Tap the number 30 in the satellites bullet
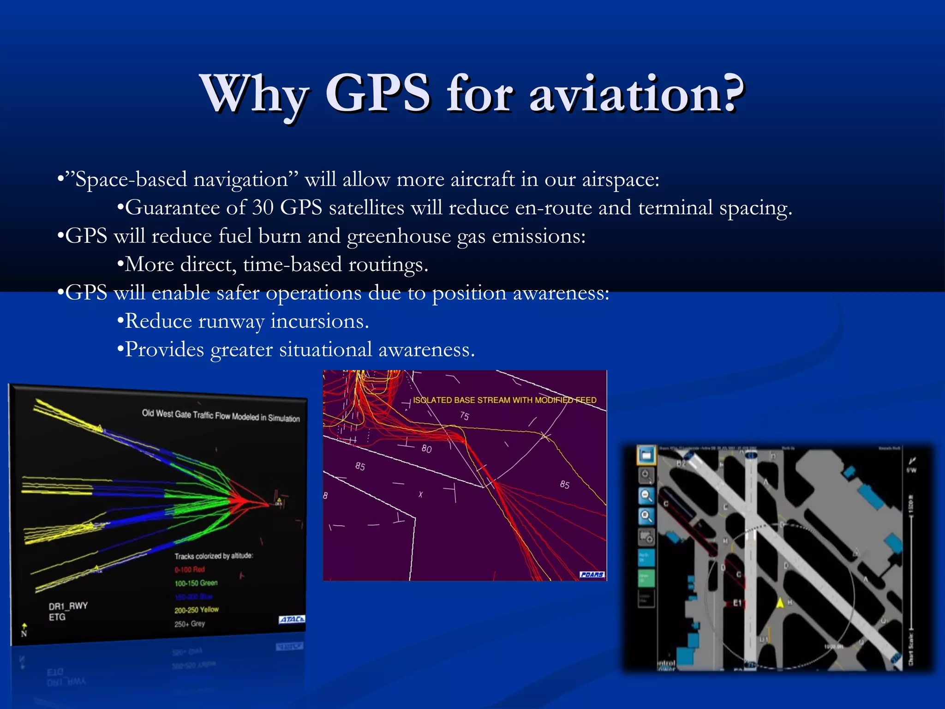(263, 208)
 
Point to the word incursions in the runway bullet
(319, 321)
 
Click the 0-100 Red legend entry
(189, 569)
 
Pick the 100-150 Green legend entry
(196, 583)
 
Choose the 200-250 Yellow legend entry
(196, 610)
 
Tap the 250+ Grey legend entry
(189, 624)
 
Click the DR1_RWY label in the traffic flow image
(68, 606)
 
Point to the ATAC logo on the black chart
(292, 619)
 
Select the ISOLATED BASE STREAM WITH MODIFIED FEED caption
(504, 400)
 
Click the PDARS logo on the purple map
(592, 574)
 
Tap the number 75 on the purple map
(464, 416)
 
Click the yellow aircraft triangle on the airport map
(780, 603)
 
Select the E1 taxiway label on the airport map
(737, 603)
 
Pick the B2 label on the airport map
(681, 463)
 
